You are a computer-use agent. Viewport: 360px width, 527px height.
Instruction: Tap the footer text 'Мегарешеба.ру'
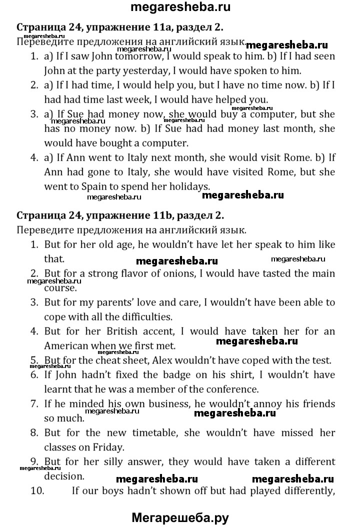tap(180, 515)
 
